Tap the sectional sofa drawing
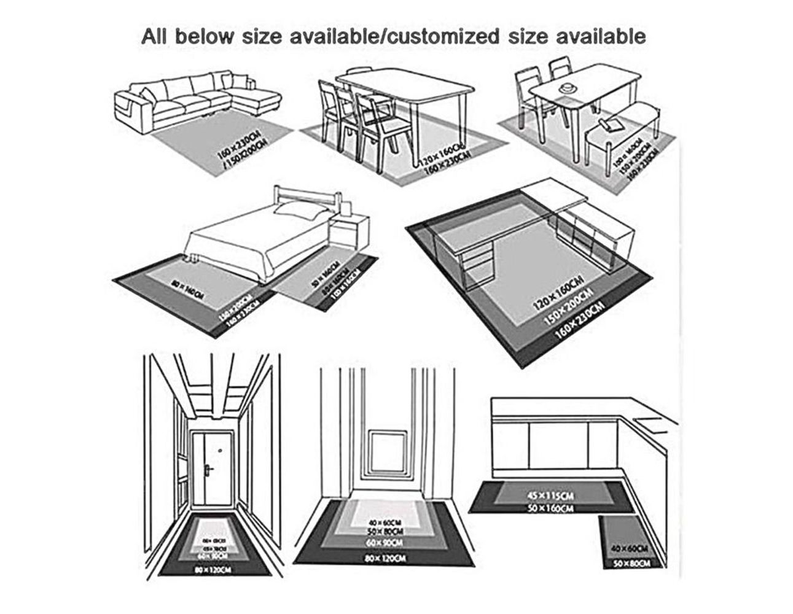pos(197,98)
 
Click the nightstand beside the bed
pos(350,231)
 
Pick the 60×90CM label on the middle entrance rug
pos(385,543)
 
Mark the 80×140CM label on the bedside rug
pos(187,289)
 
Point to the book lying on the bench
pos(612,125)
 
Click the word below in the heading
pos(205,36)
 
